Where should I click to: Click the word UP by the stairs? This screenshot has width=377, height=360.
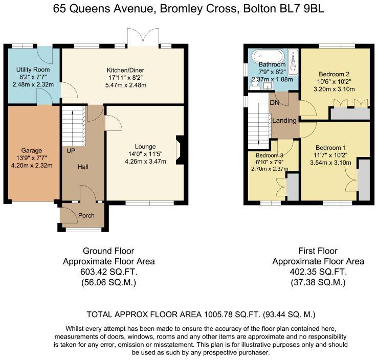(x=71, y=151)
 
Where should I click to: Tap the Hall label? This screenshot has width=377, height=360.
(x=83, y=167)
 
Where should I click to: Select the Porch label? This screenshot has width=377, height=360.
(x=86, y=215)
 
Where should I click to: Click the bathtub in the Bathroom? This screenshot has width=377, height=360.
(x=269, y=55)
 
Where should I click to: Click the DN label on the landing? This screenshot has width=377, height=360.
(x=275, y=102)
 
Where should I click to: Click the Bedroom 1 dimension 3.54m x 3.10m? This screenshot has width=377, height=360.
(x=333, y=163)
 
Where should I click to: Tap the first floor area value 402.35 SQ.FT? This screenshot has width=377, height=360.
(x=318, y=272)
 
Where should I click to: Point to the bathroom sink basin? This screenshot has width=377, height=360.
(x=266, y=86)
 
